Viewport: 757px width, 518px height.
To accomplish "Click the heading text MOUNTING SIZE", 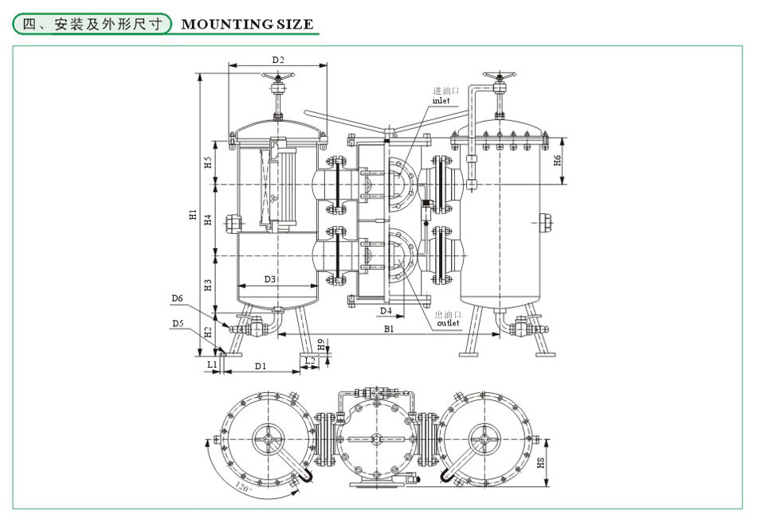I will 248,24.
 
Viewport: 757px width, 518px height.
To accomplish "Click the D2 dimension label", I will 278,59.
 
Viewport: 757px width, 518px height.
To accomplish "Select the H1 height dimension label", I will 192,214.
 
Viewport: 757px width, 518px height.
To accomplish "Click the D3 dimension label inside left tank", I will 269,279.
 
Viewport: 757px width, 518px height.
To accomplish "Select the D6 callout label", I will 177,299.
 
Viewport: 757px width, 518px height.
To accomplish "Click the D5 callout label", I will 177,323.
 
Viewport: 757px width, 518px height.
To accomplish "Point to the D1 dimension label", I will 261,366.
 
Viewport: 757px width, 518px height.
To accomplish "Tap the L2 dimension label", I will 312,361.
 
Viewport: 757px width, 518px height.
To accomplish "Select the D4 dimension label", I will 386,310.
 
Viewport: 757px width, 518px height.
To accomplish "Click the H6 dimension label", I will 558,161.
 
